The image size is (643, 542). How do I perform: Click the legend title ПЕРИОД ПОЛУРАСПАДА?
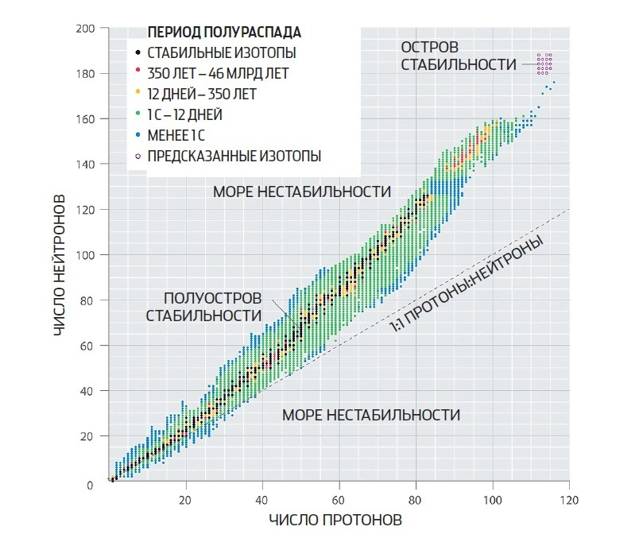tap(224, 33)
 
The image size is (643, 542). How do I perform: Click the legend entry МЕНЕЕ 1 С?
tap(176, 135)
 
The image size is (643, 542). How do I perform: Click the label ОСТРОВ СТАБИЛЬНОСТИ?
tap(459, 56)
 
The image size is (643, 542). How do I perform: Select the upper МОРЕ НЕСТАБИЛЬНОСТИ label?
tap(302, 192)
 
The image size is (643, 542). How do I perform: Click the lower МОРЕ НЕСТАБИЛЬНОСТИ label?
tap(371, 415)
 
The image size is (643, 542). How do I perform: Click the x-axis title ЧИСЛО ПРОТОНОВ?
tap(335, 520)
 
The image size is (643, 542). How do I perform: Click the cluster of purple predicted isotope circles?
tap(544, 64)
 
